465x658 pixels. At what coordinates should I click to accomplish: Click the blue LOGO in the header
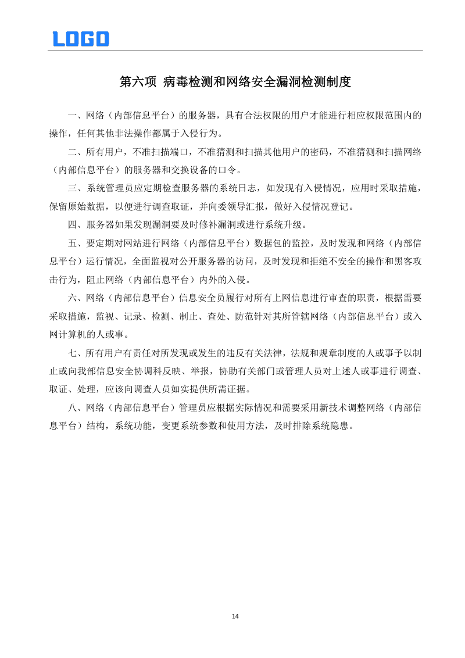pos(81,39)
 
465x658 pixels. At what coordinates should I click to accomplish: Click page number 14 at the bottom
pos(235,616)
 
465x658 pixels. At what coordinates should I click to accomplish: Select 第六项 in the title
pos(138,82)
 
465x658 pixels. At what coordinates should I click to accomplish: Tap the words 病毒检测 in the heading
pos(183,82)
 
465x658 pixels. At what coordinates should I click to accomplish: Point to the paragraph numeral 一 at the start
pos(72,115)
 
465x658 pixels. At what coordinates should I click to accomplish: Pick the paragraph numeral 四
pos(72,224)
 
